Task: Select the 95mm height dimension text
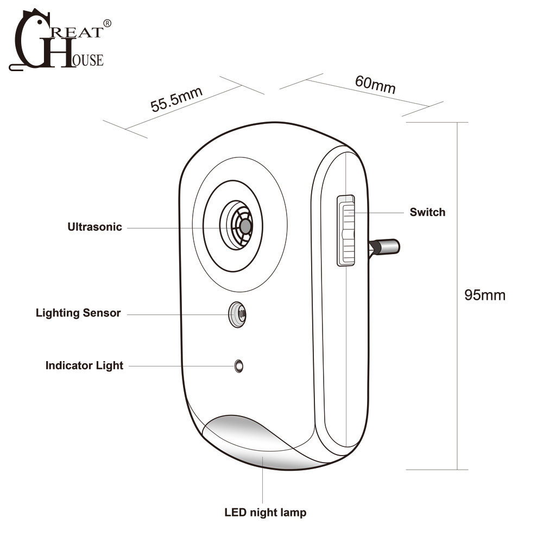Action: pos(484,295)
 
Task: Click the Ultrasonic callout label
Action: pos(94,227)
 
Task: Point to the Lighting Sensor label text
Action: pos(78,313)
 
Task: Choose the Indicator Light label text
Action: pos(84,365)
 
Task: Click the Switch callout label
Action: pos(427,212)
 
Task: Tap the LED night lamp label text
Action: pos(266,512)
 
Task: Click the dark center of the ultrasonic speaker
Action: pos(245,226)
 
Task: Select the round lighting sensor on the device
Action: pos(237,314)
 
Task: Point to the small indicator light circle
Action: pos(238,366)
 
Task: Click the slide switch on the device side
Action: pos(346,230)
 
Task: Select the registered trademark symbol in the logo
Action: pos(107,23)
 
